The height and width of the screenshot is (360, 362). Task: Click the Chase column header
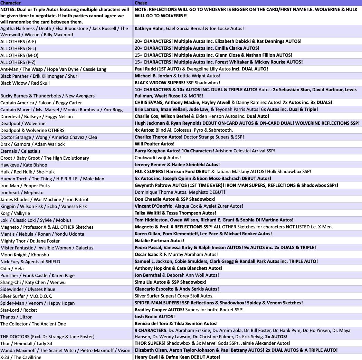coord(141,3)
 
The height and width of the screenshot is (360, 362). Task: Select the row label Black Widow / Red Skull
coord(25,83)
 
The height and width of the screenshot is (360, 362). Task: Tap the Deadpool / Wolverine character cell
coord(23,123)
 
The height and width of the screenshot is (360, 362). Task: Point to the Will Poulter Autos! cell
coord(154,144)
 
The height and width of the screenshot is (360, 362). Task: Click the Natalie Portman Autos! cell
coord(159,240)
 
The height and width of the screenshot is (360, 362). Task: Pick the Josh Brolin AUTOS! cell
coord(154,316)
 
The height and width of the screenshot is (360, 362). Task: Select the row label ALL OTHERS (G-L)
coord(18,48)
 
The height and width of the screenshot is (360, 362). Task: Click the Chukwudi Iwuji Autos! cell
coord(158,158)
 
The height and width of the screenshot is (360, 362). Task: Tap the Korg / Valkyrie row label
coord(15,213)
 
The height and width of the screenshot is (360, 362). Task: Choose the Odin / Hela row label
coord(12,268)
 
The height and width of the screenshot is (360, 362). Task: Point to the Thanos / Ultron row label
coord(16,317)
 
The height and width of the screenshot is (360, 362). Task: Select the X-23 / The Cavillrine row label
coord(21,357)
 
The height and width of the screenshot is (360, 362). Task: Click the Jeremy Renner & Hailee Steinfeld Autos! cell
coord(177,165)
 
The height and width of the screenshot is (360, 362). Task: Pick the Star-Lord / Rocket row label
coord(19,310)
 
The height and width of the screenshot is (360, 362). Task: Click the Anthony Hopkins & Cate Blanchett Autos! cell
coord(178,268)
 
